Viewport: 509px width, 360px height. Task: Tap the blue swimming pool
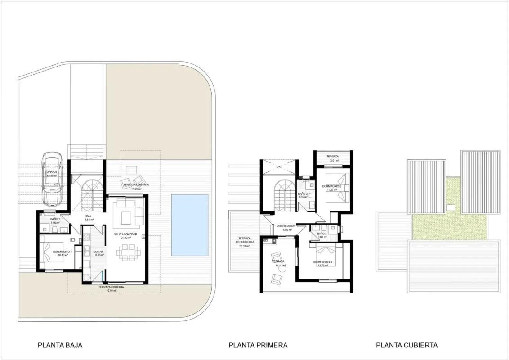pyautogui.click(x=190, y=225)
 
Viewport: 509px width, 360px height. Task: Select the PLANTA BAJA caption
pyautogui.click(x=60, y=345)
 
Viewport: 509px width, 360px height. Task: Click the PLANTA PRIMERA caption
pyautogui.click(x=258, y=345)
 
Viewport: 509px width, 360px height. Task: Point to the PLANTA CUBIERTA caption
pyautogui.click(x=406, y=345)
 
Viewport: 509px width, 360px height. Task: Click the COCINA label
pyautogui.click(x=98, y=251)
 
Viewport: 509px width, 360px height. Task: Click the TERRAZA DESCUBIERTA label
pyautogui.click(x=244, y=240)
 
